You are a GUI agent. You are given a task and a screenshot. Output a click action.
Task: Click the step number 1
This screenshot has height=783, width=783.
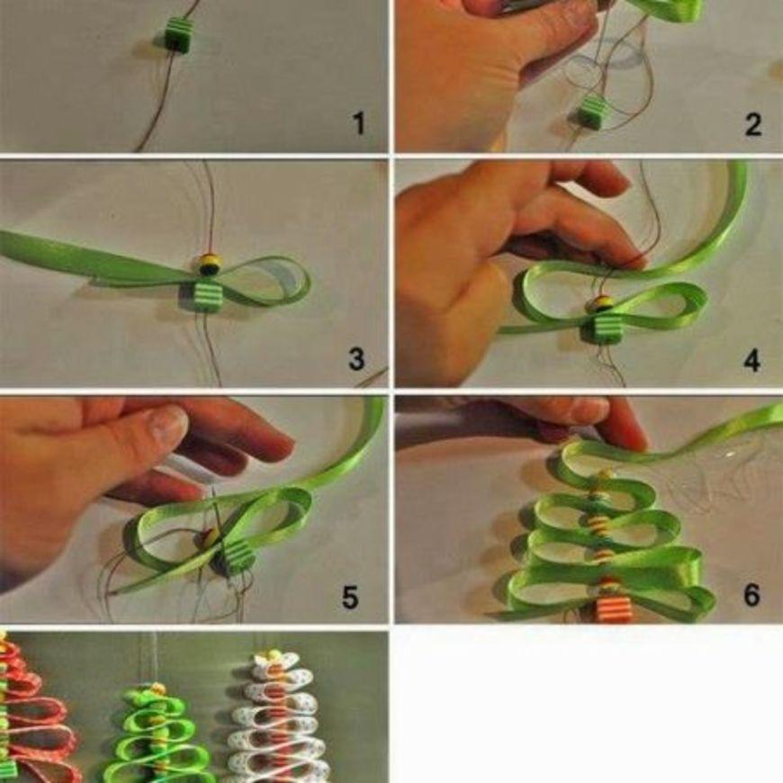coord(358,123)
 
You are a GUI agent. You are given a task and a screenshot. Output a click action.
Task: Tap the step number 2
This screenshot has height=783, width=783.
coord(753,124)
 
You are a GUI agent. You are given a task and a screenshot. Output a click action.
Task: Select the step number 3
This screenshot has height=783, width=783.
coord(356,359)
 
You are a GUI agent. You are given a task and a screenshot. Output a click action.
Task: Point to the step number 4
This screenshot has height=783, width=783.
coord(752,360)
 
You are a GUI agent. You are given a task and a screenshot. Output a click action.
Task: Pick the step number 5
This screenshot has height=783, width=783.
coord(349,597)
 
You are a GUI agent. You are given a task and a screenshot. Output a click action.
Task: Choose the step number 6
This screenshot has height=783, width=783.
coord(751,595)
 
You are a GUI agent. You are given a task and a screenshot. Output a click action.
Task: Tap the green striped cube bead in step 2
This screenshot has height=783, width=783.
coord(591,112)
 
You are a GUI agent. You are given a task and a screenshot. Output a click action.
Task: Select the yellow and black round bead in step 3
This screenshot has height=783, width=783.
coord(208,265)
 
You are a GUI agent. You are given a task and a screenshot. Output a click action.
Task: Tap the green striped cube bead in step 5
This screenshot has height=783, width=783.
coord(236,558)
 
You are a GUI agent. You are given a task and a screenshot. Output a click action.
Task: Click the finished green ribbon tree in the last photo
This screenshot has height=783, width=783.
coord(157,734)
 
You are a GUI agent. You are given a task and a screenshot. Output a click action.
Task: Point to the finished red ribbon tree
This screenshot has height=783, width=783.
coord(35,709)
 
